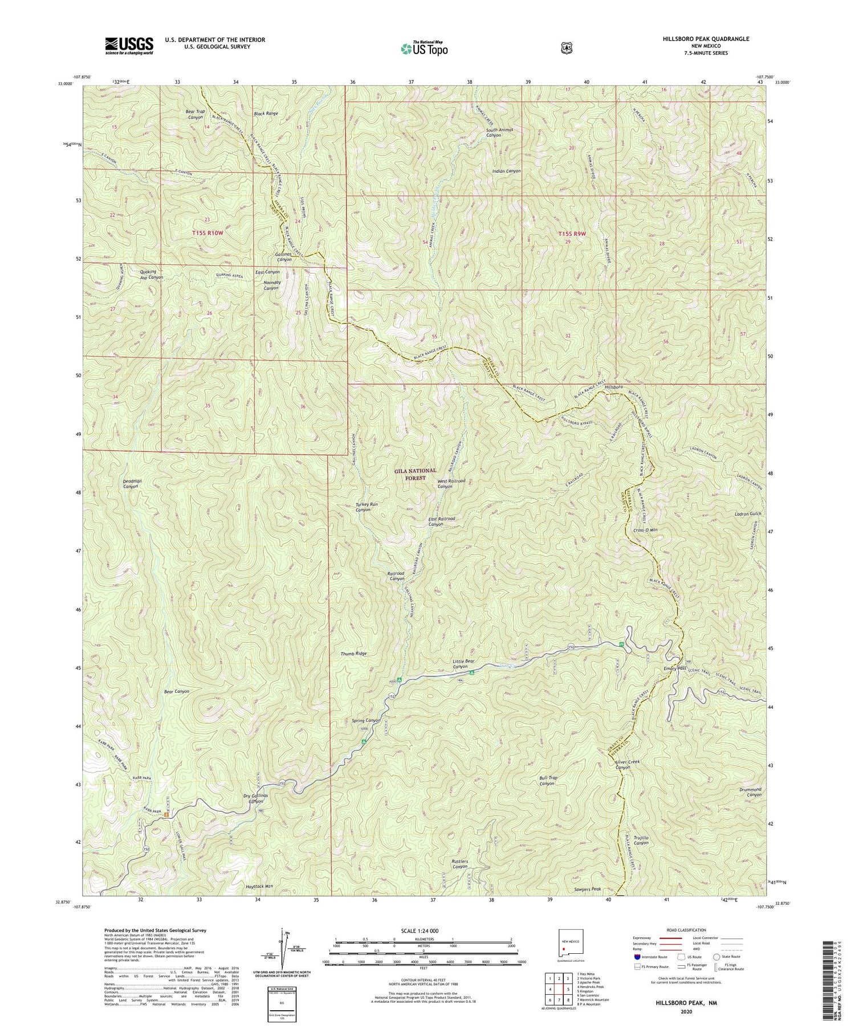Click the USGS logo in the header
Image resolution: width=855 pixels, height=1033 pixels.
129,45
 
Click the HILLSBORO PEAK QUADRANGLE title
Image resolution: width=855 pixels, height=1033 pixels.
706,39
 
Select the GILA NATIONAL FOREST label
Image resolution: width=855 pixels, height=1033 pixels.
415,474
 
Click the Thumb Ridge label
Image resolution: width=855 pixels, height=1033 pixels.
353,654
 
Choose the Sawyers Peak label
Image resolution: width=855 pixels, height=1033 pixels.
588,889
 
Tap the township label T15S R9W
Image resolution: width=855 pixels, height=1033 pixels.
572,233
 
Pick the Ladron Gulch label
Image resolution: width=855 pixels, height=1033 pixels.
748,514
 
